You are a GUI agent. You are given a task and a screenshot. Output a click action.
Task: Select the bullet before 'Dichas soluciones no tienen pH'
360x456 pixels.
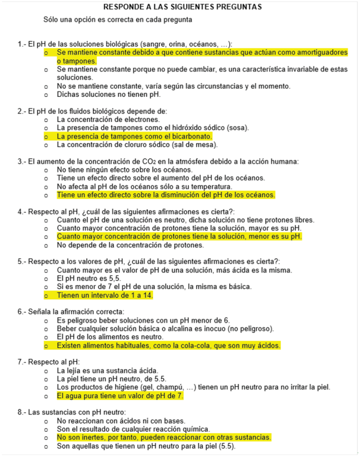click(45, 94)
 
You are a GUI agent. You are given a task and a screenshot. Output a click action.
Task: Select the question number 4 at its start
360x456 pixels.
click(20, 212)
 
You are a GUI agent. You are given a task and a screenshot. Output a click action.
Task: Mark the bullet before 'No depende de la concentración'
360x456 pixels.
click(45, 245)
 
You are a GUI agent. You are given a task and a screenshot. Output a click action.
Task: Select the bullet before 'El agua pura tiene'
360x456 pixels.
click(45, 396)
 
